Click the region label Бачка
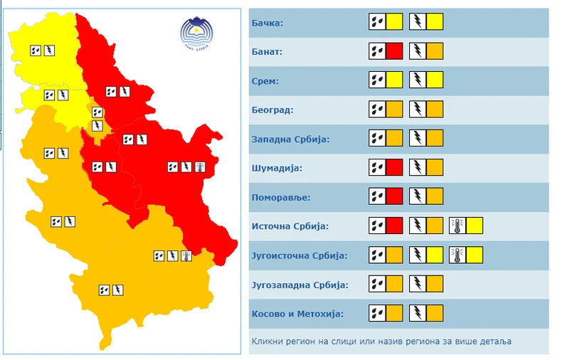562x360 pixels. [x=267, y=23]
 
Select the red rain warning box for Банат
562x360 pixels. [x=394, y=51]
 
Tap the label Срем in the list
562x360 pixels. [x=265, y=81]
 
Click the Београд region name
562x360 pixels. [x=272, y=110]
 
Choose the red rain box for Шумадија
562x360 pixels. [x=394, y=168]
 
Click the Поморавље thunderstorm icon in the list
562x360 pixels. [x=417, y=196]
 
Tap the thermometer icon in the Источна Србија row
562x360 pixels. [x=457, y=226]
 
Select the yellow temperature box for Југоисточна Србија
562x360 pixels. [x=474, y=255]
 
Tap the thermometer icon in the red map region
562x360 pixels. [x=198, y=167]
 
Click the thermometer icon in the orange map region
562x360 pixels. [x=186, y=255]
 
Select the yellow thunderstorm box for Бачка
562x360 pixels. [x=435, y=22]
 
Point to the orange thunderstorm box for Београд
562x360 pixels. [x=435, y=110]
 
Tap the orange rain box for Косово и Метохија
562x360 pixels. [x=394, y=313]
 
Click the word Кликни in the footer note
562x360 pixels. [x=265, y=342]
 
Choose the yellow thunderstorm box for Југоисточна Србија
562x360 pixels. [x=435, y=255]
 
